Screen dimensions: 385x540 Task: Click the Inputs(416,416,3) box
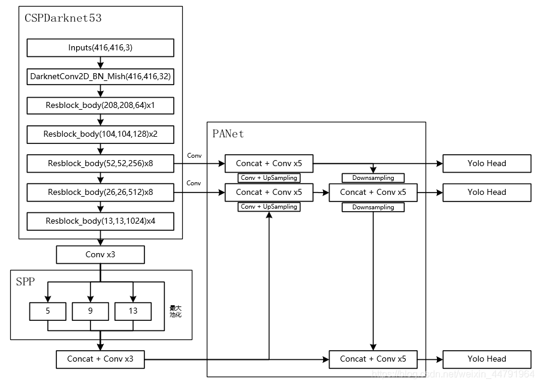tap(100, 47)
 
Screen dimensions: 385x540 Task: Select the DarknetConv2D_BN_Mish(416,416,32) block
tap(100, 77)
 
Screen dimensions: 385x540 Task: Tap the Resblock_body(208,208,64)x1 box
tap(100, 106)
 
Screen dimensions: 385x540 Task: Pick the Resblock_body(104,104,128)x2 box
tap(100, 134)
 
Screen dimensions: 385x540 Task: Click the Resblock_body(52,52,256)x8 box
tap(100, 163)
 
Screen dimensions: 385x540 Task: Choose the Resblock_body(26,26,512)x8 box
tap(100, 192)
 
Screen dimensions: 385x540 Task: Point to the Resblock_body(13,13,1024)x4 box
tap(100, 221)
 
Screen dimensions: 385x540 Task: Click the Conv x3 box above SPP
tap(100, 255)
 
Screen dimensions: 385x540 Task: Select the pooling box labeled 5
tap(47, 311)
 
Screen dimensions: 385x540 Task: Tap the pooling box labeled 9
tap(90, 311)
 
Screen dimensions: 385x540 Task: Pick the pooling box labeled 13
tap(133, 311)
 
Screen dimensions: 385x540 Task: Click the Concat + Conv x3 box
tap(100, 359)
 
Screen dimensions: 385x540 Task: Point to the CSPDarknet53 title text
tap(63, 18)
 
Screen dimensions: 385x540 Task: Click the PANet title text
tap(228, 134)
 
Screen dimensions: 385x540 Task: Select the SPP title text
tap(26, 281)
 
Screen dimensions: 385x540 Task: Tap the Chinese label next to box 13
tap(176, 311)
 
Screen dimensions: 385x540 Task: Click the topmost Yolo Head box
tap(487, 163)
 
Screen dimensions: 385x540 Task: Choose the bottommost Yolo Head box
tap(487, 359)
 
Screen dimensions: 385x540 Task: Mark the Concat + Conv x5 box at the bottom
tap(373, 359)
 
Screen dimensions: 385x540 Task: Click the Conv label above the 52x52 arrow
tap(194, 155)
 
